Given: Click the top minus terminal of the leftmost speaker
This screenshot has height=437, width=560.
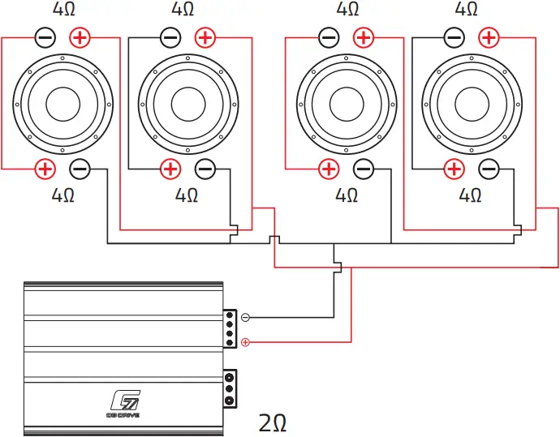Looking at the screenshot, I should pos(45,37).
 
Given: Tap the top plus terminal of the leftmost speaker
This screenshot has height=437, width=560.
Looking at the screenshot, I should pos(80,37).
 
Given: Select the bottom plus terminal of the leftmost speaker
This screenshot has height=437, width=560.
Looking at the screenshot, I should pos(45,169).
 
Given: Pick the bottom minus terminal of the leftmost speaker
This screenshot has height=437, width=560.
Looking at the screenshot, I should pos(80,169).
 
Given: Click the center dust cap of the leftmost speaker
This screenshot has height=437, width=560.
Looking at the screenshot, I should pos(63,103).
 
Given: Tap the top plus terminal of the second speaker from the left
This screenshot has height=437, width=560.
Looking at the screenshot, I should pos(205,37).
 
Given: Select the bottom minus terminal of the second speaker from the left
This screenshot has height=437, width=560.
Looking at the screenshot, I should pos(205,169).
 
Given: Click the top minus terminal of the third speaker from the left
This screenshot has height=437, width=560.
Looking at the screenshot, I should pos(329,37).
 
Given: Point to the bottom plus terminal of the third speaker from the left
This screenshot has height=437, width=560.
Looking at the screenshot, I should pos(329,169).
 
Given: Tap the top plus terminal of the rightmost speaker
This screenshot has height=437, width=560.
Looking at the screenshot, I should pos(489,37).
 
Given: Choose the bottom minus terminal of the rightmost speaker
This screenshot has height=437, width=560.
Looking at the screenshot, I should pos(489,169).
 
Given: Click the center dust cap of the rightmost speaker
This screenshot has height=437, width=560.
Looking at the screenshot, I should pos(472,103).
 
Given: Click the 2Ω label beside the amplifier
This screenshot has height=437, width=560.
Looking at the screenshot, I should pos(273,422).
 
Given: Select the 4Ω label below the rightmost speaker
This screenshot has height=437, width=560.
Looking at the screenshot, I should pos(472,195).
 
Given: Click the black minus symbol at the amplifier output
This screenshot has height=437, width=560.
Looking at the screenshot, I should pos(246,317).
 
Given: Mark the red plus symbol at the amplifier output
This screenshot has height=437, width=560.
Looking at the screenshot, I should pos(246,342).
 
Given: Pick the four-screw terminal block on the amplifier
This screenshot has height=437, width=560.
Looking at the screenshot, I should pos(230,328).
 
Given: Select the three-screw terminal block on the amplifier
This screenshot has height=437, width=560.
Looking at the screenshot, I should pos(230,388).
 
